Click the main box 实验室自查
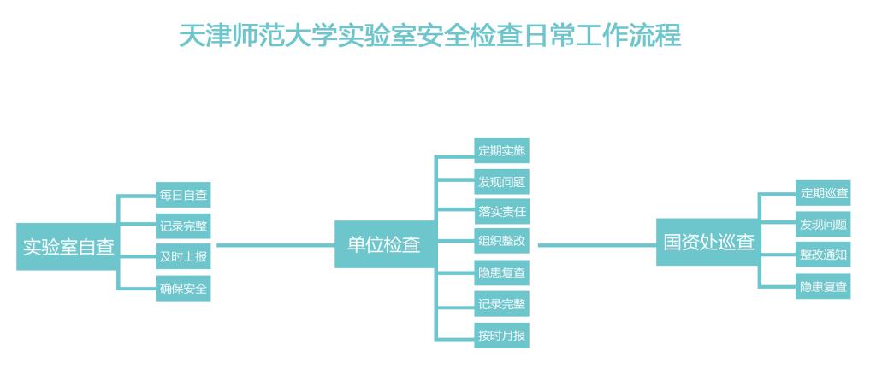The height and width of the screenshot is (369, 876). click(x=68, y=246)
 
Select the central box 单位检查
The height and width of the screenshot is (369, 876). click(x=384, y=244)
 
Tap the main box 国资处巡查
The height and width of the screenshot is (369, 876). click(x=708, y=242)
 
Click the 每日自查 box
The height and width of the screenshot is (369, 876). click(x=183, y=196)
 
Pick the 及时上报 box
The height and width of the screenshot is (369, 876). click(x=183, y=257)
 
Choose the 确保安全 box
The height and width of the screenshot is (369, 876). click(x=183, y=289)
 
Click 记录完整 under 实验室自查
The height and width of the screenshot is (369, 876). click(x=183, y=226)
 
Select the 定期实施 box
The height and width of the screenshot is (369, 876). click(x=502, y=151)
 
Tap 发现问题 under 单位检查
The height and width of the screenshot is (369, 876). click(x=502, y=182)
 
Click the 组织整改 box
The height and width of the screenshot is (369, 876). click(x=502, y=242)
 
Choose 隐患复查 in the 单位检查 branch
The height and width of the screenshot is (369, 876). click(x=502, y=273)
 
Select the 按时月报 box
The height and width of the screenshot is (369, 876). click(x=502, y=335)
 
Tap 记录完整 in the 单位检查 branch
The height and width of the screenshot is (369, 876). click(x=502, y=304)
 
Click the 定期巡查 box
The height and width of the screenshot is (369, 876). click(x=824, y=194)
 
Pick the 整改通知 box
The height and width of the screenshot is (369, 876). click(x=824, y=255)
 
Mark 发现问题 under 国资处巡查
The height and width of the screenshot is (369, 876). click(x=824, y=225)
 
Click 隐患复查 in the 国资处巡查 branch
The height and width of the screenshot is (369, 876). click(x=824, y=287)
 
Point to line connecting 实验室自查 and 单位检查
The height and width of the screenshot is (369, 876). click(x=274, y=245)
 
